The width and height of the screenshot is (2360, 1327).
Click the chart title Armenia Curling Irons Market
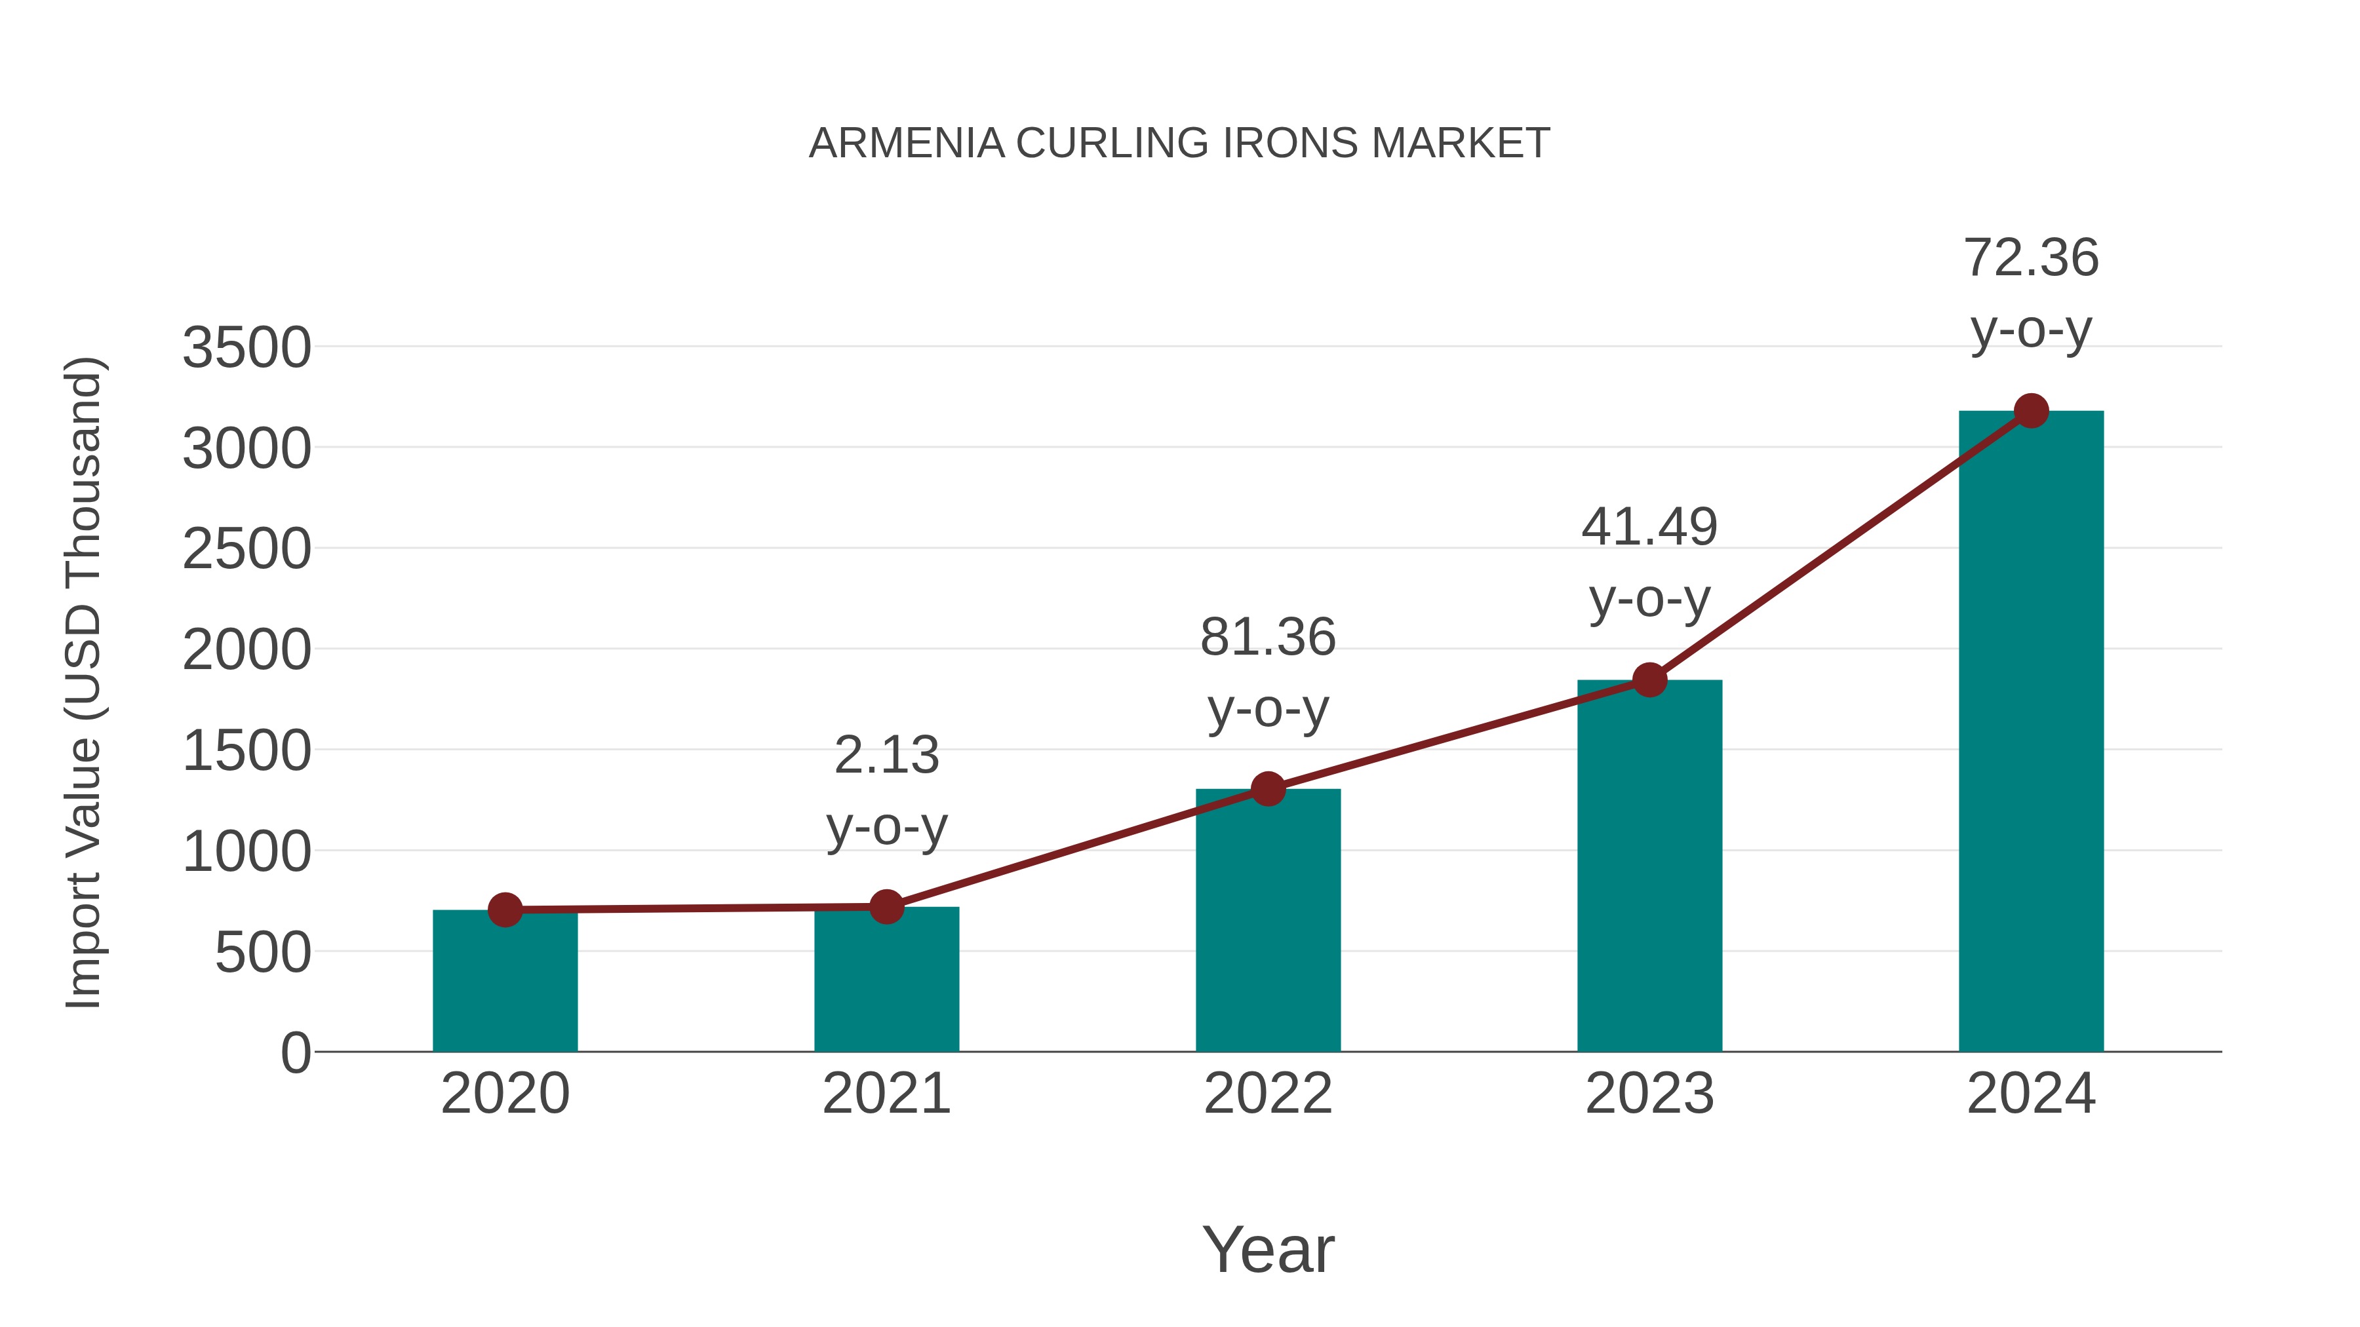click(x=1179, y=143)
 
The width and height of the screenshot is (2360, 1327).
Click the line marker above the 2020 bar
click(x=505, y=910)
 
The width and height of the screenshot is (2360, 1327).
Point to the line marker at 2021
click(x=886, y=907)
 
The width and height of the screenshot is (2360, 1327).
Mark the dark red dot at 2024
click(x=2031, y=411)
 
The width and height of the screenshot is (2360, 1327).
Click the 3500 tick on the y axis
click(x=246, y=348)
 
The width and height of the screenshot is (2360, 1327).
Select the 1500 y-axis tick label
click(x=246, y=751)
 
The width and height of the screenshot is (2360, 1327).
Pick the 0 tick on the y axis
click(x=295, y=1052)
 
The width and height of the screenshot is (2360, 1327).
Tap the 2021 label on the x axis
click(x=886, y=1094)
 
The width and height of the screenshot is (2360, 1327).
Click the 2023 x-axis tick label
click(x=1649, y=1094)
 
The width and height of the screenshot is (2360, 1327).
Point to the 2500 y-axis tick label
click(x=246, y=550)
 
